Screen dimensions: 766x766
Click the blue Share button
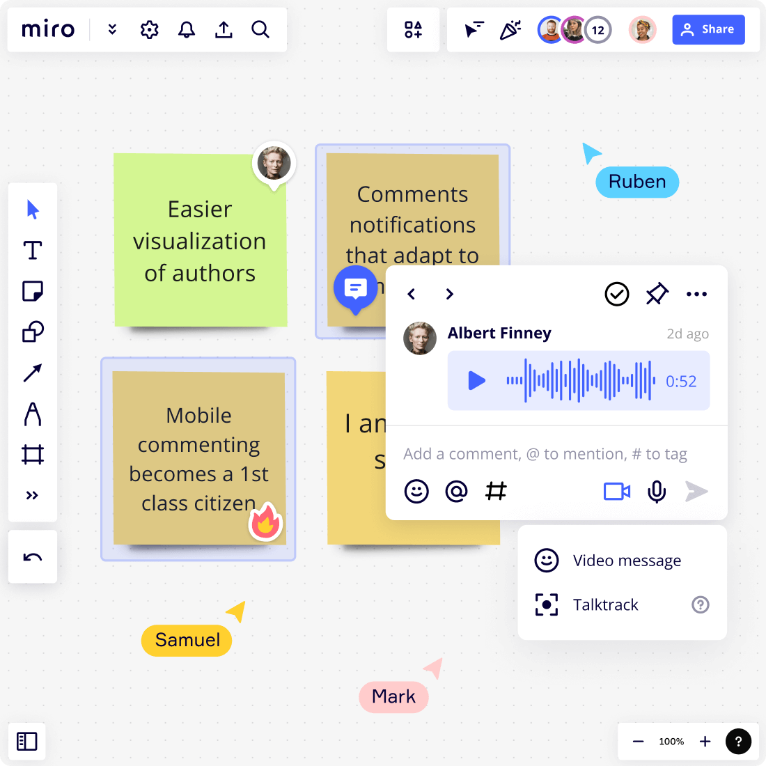[x=708, y=29]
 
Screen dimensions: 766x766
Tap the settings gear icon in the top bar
[x=149, y=29]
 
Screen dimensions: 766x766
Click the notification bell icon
[x=187, y=29]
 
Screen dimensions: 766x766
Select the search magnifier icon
[x=260, y=29]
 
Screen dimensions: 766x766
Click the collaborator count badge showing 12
[x=597, y=30]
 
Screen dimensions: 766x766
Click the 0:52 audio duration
[x=680, y=381]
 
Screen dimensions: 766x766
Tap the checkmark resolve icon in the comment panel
[x=616, y=294]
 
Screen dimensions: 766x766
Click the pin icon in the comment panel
[x=657, y=294]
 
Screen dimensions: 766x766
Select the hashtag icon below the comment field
[x=496, y=491]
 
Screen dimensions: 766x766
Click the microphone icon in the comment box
[x=656, y=492]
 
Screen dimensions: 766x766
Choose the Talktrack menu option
[x=605, y=604]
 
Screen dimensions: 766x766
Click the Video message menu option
[x=627, y=561]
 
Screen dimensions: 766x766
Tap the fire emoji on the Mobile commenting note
[x=265, y=522]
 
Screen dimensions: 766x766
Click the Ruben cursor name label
[x=637, y=182]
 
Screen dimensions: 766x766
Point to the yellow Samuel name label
[x=187, y=640]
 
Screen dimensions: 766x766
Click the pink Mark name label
[x=393, y=696]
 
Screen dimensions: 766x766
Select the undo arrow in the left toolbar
[x=33, y=557]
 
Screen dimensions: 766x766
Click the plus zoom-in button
[x=705, y=742]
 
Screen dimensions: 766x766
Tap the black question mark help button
[x=738, y=742]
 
